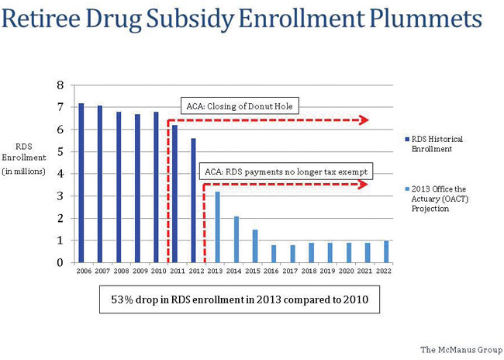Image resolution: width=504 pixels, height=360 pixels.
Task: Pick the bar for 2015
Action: click(x=255, y=246)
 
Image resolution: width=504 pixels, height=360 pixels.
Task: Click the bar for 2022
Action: click(x=386, y=251)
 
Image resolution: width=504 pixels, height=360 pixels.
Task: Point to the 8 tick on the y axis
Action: click(x=60, y=85)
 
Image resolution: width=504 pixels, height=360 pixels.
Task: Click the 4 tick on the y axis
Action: click(x=60, y=174)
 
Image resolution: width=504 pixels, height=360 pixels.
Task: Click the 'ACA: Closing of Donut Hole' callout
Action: click(x=241, y=106)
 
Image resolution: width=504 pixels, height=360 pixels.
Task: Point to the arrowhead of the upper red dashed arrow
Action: click(x=365, y=119)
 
